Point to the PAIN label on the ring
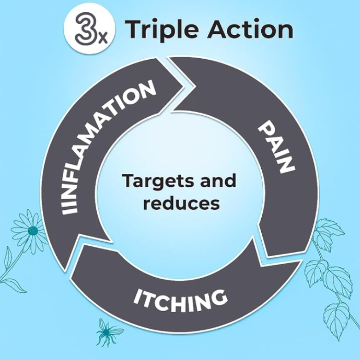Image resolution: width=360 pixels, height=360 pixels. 276,147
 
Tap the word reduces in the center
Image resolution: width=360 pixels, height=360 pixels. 181,203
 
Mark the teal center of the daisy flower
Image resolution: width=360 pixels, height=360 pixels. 33,229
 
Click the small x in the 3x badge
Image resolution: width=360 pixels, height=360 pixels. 103,40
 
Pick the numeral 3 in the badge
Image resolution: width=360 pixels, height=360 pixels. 84,30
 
